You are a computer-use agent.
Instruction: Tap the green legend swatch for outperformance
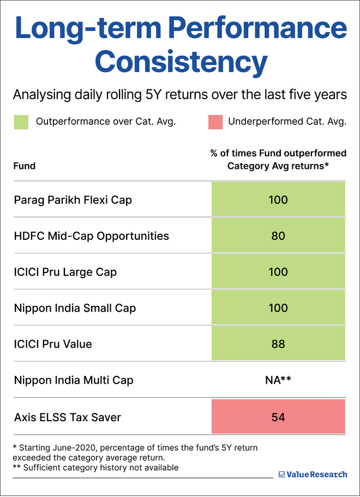pos(21,122)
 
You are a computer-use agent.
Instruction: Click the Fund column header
pos(25,166)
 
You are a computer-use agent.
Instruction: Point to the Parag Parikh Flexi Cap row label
pos(73,200)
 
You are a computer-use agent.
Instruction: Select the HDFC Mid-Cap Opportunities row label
pos(92,236)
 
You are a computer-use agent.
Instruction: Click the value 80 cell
pos(278,236)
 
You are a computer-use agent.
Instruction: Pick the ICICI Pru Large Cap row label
pos(65,272)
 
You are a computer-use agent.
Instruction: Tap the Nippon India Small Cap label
pos(75,308)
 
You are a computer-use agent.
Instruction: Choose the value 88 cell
pos(278,344)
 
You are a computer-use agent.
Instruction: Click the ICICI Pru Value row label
pos(53,344)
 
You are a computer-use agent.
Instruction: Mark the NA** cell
pos(278,380)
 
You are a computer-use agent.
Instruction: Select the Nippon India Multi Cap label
pos(74,380)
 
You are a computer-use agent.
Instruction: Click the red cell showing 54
pos(278,417)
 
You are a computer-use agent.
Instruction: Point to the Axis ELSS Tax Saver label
pos(68,417)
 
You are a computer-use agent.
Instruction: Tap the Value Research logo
pos(313,474)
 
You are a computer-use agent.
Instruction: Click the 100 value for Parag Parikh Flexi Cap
pos(278,200)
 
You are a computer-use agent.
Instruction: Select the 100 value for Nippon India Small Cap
pos(278,308)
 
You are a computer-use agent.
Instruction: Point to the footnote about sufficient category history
pos(95,468)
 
